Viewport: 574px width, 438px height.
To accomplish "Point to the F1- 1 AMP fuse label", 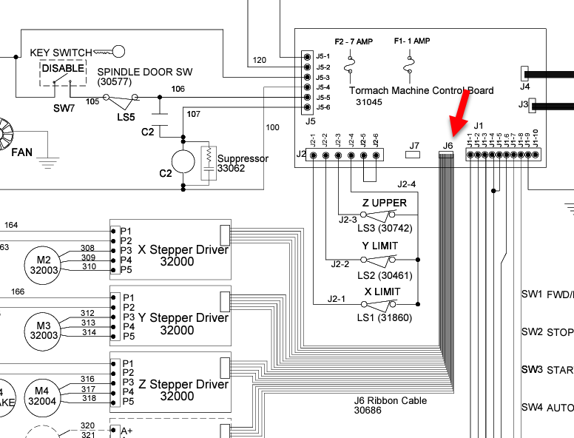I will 412,41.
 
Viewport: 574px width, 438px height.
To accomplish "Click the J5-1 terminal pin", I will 307,56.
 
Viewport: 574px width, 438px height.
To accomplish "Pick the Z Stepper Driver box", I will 170,384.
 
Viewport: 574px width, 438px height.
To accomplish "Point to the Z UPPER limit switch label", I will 384,203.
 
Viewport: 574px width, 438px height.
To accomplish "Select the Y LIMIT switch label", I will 379,246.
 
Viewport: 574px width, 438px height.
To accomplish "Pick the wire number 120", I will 259,60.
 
